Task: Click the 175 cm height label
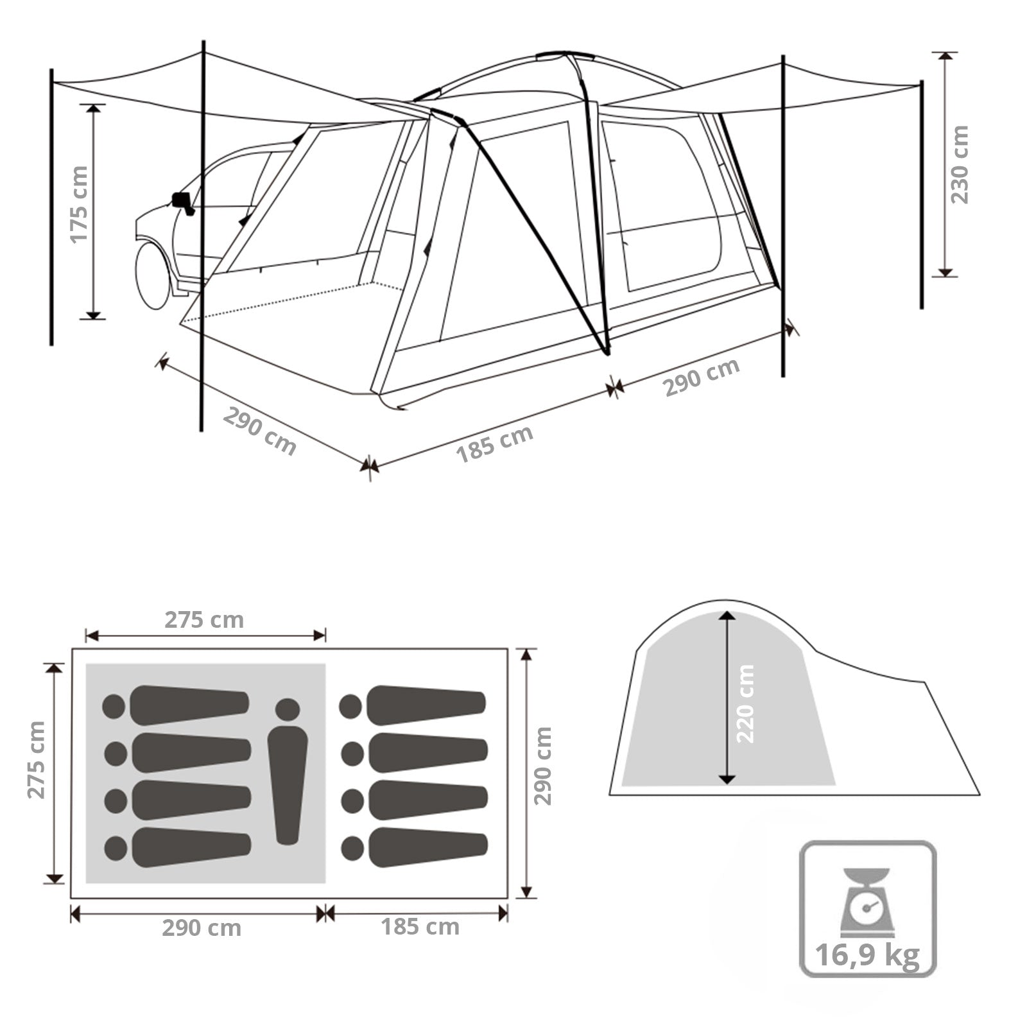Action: [79, 205]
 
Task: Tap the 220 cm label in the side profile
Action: [746, 703]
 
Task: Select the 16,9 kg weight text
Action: [867, 956]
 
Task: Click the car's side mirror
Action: [180, 200]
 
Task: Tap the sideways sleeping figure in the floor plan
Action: [287, 770]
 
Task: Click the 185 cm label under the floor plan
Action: [420, 927]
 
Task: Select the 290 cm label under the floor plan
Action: [202, 928]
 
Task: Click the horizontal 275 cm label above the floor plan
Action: [204, 620]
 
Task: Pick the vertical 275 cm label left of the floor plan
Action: [37, 761]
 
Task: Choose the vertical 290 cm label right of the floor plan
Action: [543, 766]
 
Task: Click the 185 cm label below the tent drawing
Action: [494, 444]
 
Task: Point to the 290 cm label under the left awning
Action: [259, 431]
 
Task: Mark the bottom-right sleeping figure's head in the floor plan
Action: [351, 849]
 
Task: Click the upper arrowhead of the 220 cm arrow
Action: [727, 616]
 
